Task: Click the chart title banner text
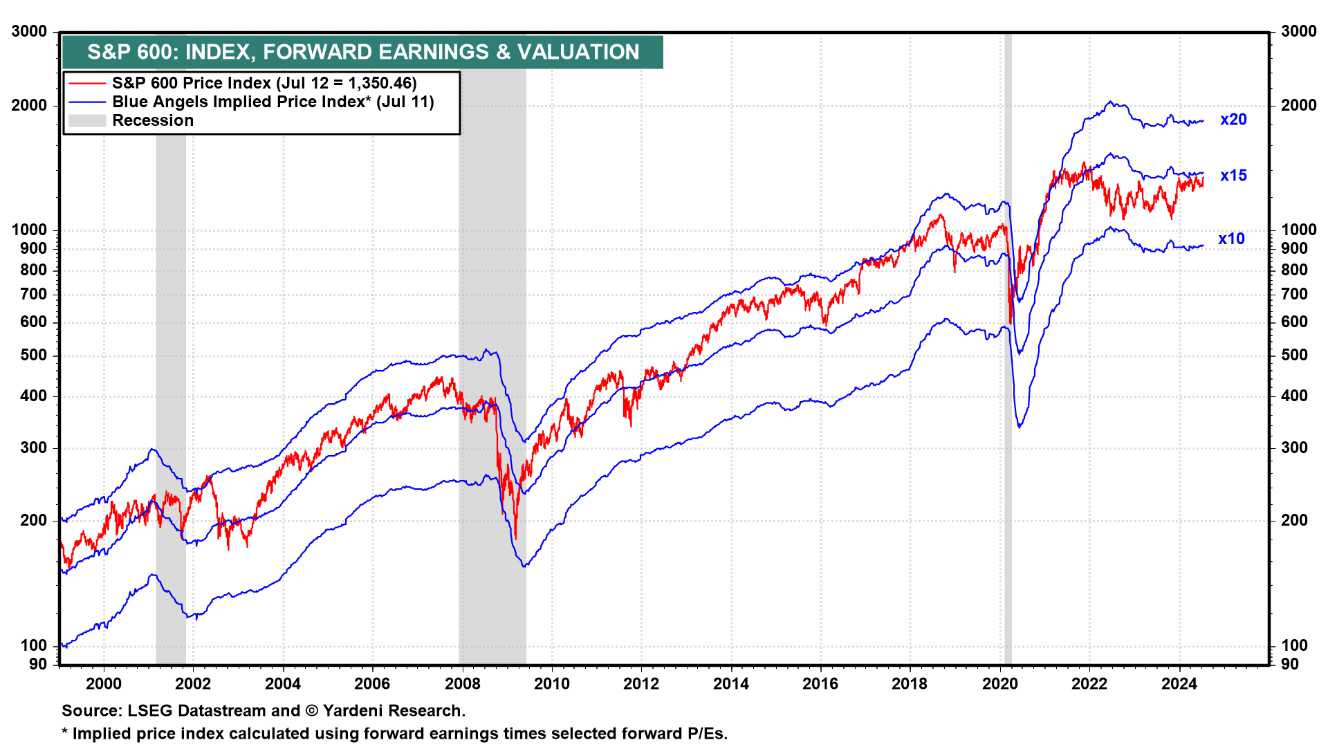[363, 52]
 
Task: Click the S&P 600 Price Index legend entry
[264, 83]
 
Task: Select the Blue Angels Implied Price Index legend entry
[273, 102]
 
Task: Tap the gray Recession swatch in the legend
[87, 120]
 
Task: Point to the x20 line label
[1233, 120]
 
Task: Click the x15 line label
[1233, 176]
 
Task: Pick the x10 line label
[1231, 239]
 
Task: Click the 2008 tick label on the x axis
[462, 684]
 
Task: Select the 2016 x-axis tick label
[820, 684]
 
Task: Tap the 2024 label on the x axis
[1179, 684]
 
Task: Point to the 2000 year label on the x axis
[104, 684]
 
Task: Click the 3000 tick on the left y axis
[30, 32]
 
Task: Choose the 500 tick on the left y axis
[34, 356]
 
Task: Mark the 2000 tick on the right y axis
[1298, 105]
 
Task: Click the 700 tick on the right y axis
[1294, 295]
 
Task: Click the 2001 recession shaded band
[171, 346]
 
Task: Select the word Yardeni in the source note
[358, 711]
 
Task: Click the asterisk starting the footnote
[65, 733]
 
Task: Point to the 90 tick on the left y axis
[38, 664]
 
